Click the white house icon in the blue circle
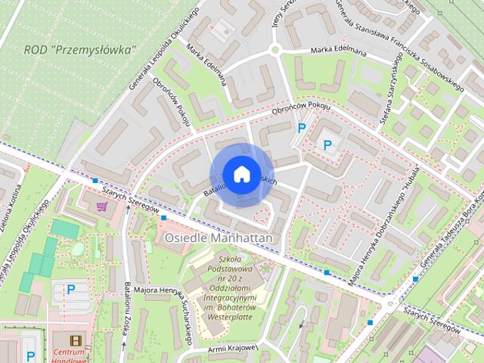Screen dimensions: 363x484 241,174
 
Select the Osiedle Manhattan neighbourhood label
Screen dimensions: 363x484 219,237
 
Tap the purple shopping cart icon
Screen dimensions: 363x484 102,205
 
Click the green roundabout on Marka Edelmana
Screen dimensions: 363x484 275,50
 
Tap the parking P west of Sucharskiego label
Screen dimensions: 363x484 71,288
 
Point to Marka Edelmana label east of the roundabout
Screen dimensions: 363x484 337,51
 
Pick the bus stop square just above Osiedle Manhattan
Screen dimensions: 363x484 164,218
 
